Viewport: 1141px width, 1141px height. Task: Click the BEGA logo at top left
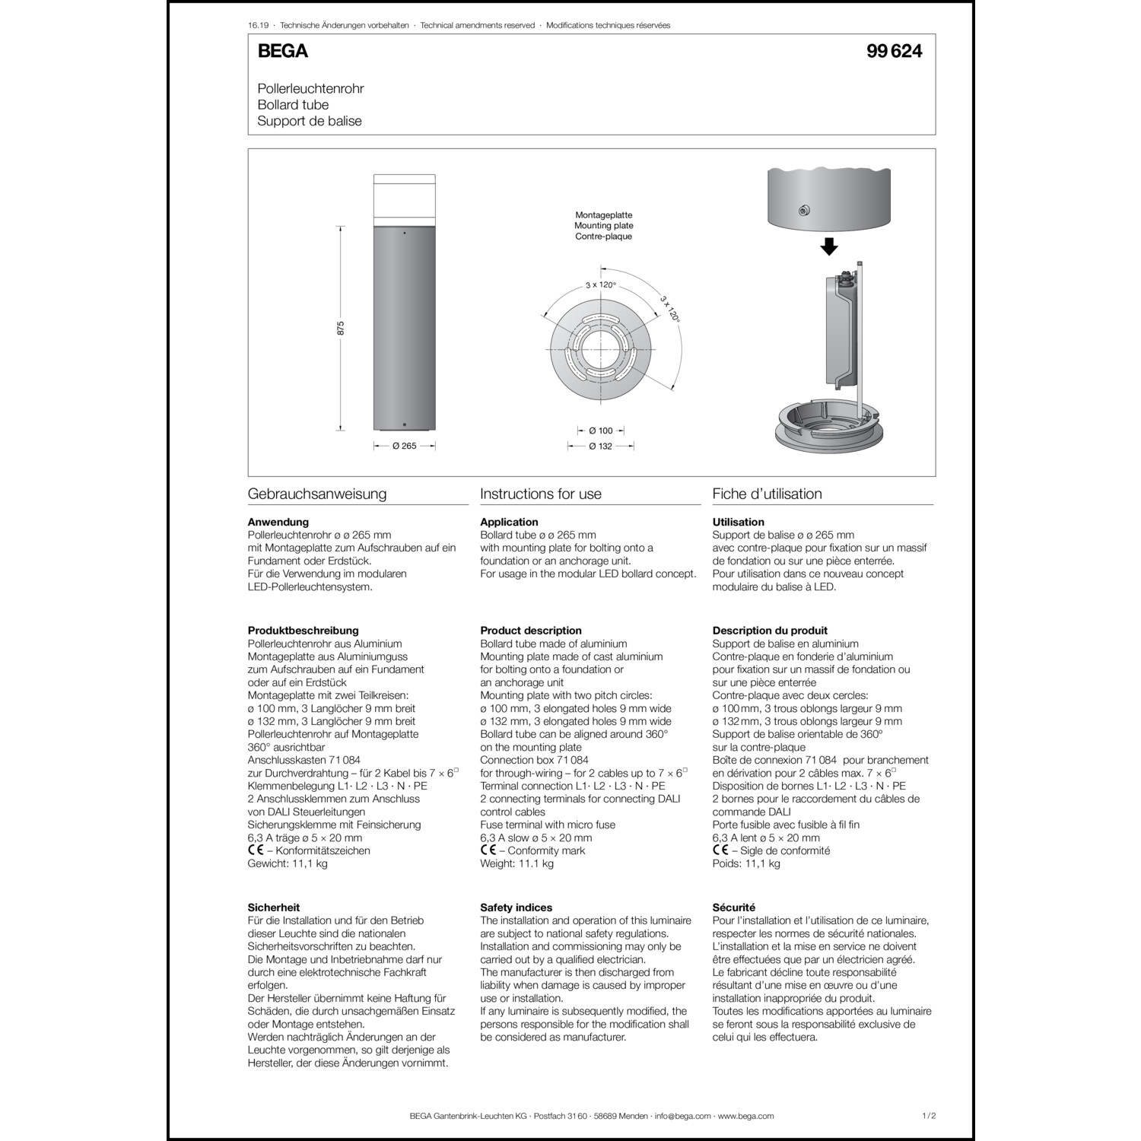click(x=282, y=51)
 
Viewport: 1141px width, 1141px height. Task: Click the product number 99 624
click(x=894, y=51)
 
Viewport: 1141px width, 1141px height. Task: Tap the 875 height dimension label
click(x=341, y=328)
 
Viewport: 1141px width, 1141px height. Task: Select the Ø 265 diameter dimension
click(x=404, y=446)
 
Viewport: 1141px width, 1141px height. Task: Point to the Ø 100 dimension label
click(x=600, y=431)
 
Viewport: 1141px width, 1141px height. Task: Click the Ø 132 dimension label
click(x=600, y=446)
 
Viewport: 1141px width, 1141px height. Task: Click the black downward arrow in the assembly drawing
click(x=829, y=246)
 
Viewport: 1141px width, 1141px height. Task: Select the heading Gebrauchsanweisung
click(x=317, y=494)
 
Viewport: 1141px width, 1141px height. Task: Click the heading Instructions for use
click(x=540, y=494)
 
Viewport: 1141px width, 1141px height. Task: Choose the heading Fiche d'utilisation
click(x=767, y=494)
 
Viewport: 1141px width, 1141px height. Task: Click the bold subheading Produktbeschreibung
click(x=303, y=630)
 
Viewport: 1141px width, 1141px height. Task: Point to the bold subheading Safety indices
click(x=516, y=907)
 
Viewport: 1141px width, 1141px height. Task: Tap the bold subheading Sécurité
click(x=733, y=907)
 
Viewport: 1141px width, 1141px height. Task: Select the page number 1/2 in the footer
click(x=928, y=1116)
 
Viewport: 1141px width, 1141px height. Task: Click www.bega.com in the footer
click(x=745, y=1116)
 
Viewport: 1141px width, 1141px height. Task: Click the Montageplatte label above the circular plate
click(x=603, y=215)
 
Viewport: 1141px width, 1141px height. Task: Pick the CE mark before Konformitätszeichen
click(x=256, y=850)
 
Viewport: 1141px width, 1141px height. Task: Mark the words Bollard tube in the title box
click(x=293, y=105)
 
